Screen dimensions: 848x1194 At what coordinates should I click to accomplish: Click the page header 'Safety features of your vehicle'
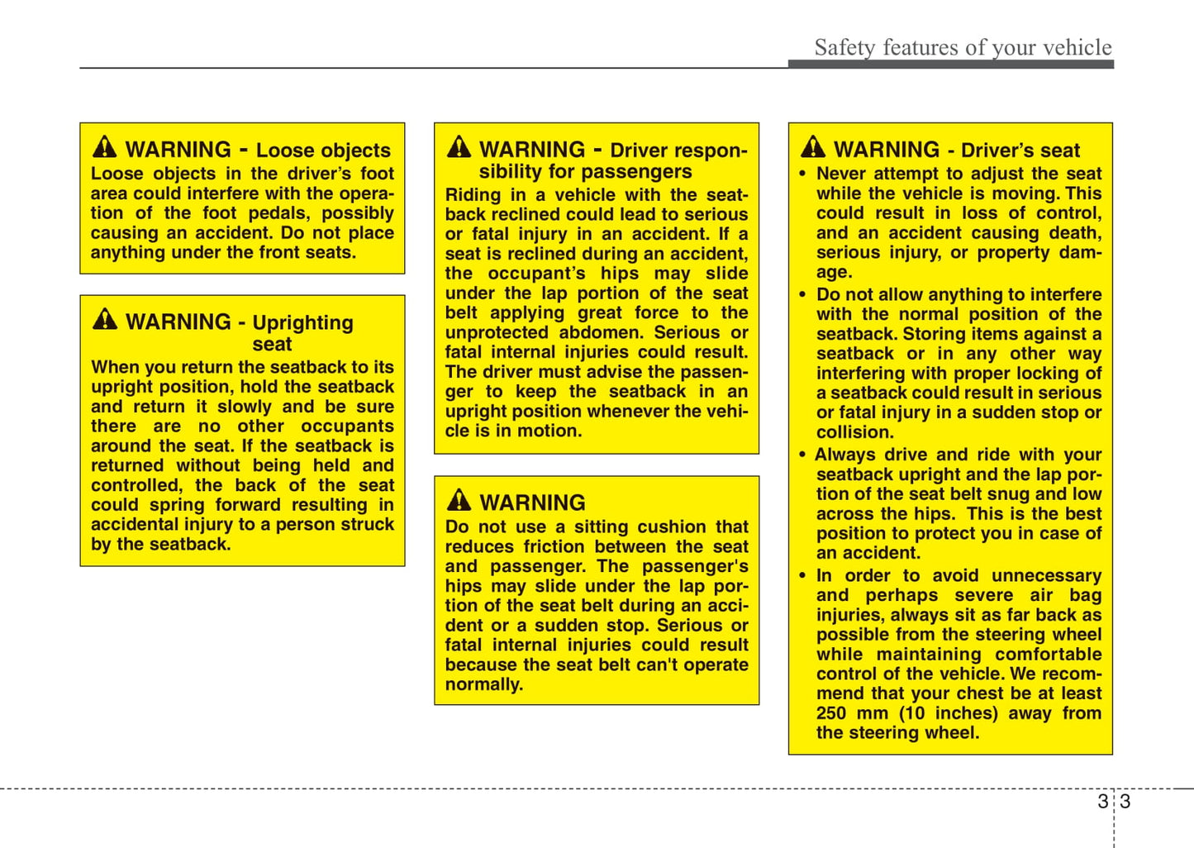(x=963, y=48)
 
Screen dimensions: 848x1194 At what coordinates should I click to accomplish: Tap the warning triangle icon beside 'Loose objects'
(x=105, y=147)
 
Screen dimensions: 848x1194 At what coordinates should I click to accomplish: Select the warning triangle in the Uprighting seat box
(x=105, y=319)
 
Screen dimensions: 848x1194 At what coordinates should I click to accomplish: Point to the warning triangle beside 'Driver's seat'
(x=813, y=147)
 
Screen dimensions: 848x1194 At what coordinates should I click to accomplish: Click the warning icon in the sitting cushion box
(x=459, y=500)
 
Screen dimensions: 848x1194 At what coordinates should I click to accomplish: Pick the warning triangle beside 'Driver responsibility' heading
(x=459, y=147)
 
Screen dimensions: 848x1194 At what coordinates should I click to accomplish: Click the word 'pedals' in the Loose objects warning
(x=278, y=213)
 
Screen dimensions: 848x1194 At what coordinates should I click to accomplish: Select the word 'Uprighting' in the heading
(x=302, y=322)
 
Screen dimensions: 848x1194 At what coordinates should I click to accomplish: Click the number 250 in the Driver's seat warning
(x=831, y=713)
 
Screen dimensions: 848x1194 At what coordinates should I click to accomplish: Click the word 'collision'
(x=854, y=432)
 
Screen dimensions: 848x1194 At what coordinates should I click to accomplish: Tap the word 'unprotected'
(x=496, y=332)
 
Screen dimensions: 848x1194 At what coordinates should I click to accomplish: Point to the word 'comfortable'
(x=1048, y=655)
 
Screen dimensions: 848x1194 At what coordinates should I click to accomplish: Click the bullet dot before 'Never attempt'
(x=802, y=174)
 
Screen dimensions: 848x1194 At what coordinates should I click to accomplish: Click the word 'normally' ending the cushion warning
(x=483, y=684)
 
